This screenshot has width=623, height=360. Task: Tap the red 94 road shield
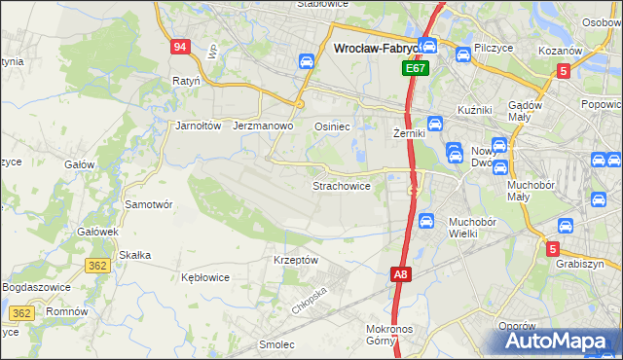click(179, 47)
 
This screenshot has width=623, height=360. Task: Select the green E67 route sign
click(416, 69)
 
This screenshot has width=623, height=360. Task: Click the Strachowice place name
click(341, 185)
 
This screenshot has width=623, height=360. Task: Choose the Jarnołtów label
click(199, 126)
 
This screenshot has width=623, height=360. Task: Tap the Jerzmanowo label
click(264, 126)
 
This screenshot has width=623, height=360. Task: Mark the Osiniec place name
click(332, 126)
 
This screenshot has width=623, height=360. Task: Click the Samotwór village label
click(149, 204)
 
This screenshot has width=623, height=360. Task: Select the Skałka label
click(134, 255)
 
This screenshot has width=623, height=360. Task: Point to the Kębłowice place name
click(205, 276)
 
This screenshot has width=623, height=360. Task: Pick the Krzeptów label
click(296, 260)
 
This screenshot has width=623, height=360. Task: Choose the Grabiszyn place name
click(580, 264)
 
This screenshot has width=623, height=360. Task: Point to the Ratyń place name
click(186, 81)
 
